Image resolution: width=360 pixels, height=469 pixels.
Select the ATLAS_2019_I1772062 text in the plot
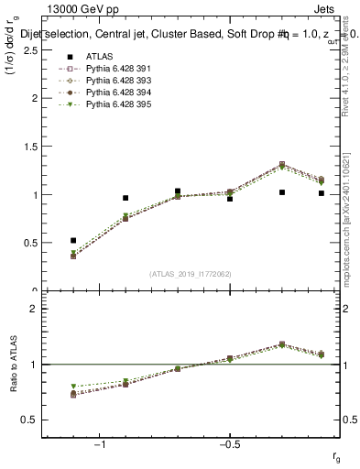pos(191,273)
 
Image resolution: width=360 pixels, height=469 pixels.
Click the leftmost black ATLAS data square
pos(73,240)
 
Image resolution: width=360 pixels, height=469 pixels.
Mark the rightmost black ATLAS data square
pos(322,193)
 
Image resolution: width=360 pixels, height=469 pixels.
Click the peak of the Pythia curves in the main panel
pos(282,165)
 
